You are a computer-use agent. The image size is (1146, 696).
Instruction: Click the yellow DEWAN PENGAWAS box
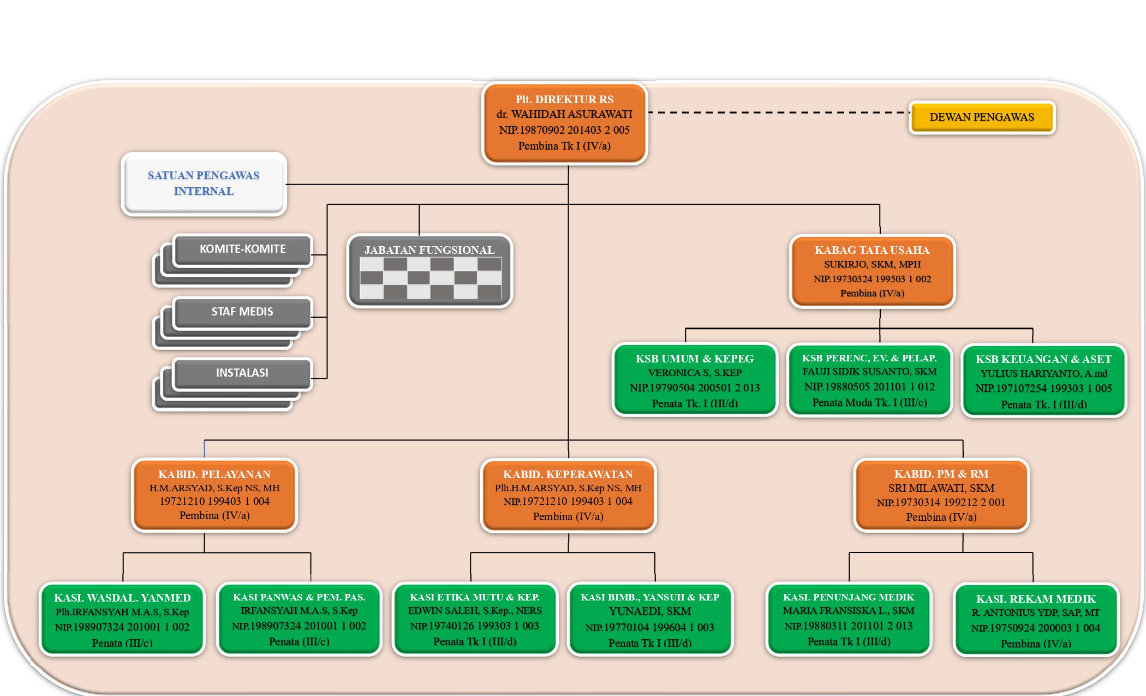982,117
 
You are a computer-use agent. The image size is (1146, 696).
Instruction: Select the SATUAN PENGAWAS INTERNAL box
204,183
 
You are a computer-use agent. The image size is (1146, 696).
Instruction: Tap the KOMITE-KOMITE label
242,249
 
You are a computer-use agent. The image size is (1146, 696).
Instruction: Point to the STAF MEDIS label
242,312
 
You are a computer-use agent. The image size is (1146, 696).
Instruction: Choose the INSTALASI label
242,373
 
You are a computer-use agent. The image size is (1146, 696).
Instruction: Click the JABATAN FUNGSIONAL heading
429,250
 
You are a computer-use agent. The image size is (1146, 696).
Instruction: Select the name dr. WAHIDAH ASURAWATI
564,115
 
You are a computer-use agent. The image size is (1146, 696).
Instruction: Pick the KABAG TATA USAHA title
872,250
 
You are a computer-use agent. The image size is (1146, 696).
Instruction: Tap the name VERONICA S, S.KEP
695,373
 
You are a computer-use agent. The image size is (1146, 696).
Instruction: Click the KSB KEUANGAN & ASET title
1043,359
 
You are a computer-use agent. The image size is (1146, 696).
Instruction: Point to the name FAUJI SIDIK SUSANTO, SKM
869,372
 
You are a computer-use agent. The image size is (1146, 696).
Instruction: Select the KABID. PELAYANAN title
214,474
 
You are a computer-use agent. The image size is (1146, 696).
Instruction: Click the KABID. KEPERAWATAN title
568,474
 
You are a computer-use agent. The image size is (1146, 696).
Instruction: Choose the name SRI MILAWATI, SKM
941,488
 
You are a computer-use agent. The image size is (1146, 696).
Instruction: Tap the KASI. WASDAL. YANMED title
122,598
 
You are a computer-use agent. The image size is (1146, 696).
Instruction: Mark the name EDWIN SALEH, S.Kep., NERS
475,611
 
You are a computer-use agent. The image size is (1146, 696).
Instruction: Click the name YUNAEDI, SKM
650,611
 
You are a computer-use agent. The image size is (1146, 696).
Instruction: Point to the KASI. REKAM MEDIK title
1036,599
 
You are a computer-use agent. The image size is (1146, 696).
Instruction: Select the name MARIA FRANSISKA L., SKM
849,611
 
